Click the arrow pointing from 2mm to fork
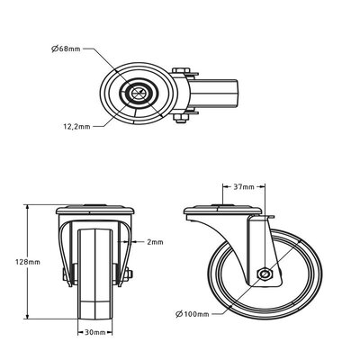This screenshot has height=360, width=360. point(135,242)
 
